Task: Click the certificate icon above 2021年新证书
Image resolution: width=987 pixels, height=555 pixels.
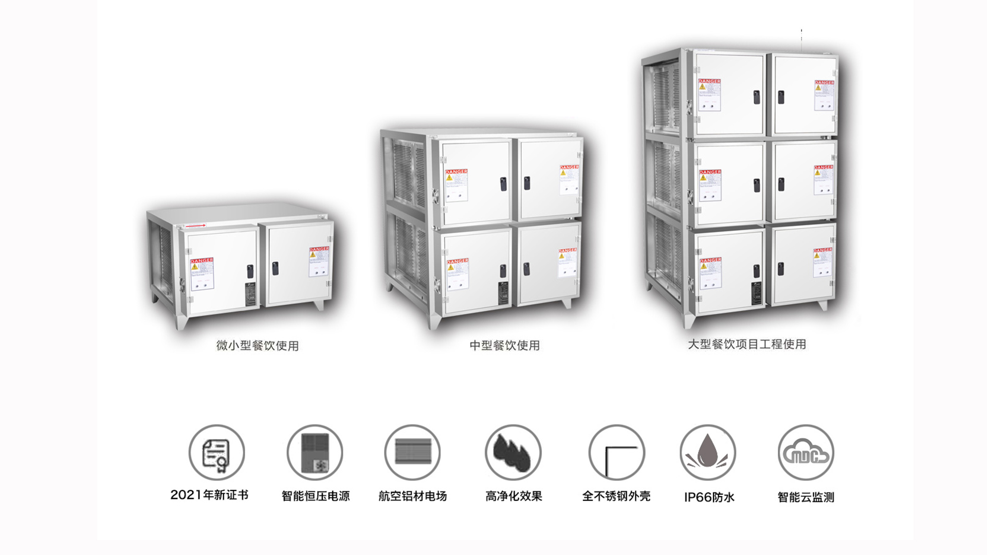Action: click(216, 453)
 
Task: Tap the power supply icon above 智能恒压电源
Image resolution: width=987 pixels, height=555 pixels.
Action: click(315, 453)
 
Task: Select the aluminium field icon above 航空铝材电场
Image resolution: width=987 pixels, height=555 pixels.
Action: click(413, 453)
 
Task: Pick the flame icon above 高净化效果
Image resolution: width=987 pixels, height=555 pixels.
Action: click(513, 453)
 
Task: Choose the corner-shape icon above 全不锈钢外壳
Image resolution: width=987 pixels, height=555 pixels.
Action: click(616, 453)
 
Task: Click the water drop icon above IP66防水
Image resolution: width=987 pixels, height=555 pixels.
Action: click(708, 453)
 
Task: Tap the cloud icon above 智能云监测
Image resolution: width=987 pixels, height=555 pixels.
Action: click(806, 453)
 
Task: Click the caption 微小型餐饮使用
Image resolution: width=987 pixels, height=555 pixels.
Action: click(258, 346)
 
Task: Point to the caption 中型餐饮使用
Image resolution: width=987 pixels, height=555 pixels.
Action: click(505, 345)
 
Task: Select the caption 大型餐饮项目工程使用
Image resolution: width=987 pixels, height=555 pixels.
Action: click(747, 344)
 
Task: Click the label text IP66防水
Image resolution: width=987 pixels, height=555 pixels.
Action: click(709, 497)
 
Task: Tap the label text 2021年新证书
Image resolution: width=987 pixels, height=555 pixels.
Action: click(209, 495)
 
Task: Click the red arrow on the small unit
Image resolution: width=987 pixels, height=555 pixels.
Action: click(195, 226)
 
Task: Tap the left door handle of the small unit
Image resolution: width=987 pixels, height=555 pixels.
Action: click(250, 271)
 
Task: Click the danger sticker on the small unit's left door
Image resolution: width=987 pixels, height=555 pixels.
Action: click(202, 273)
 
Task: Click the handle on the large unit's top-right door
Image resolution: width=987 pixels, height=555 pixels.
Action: click(781, 97)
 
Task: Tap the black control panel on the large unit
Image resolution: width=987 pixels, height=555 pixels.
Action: click(756, 293)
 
